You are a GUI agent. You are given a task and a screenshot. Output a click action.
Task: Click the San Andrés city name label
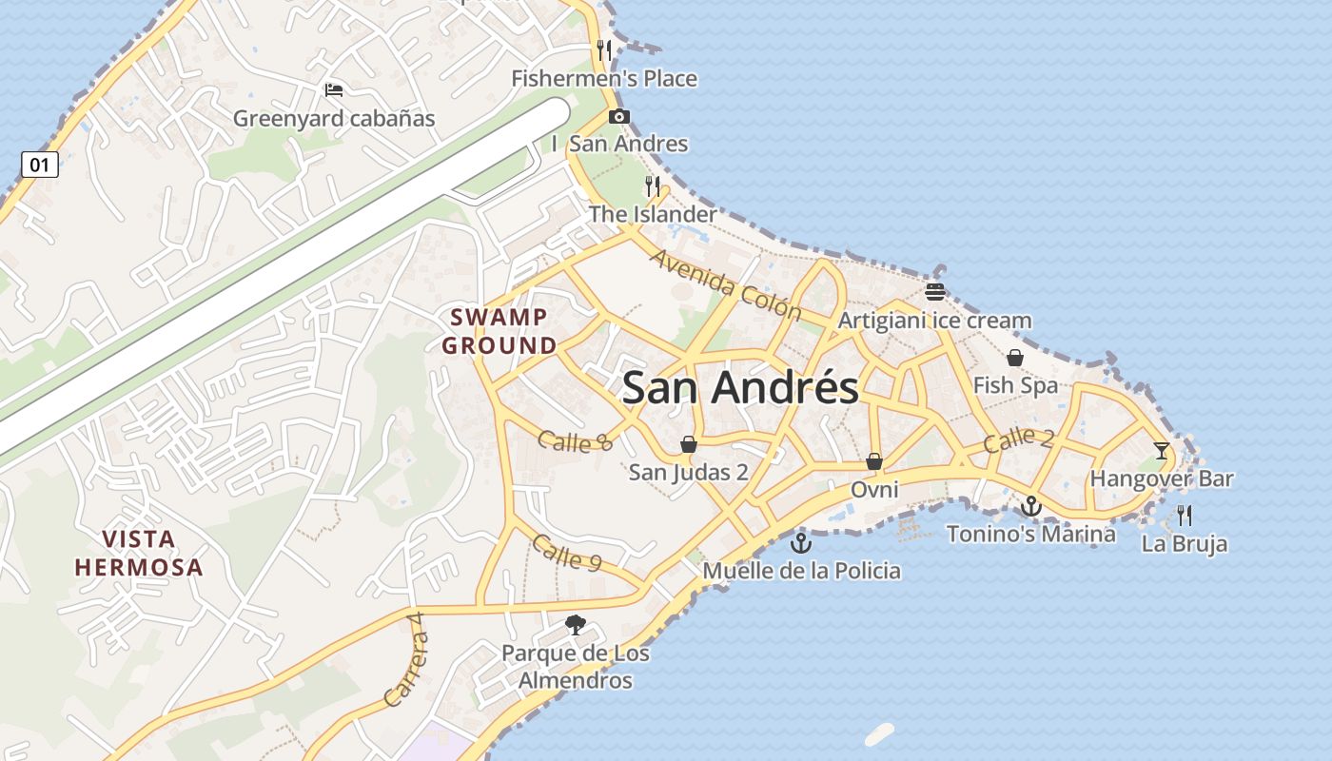tap(740, 388)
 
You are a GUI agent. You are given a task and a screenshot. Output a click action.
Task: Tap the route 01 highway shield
tap(39, 165)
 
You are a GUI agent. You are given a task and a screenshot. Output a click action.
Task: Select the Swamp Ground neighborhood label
tap(499, 331)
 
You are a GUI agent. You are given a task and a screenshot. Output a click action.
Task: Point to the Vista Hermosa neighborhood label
tap(139, 554)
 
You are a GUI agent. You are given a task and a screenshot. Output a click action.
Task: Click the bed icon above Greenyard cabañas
tap(334, 90)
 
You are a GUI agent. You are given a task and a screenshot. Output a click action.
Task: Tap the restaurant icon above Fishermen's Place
tap(604, 49)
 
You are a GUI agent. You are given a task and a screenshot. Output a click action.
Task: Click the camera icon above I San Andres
tap(619, 117)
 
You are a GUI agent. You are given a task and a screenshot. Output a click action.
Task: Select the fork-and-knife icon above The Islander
tap(653, 185)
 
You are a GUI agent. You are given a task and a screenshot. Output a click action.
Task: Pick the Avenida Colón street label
tap(726, 285)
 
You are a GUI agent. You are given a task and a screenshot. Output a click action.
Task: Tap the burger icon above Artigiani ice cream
tap(934, 292)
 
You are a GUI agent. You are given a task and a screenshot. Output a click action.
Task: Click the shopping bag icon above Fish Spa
tap(1015, 358)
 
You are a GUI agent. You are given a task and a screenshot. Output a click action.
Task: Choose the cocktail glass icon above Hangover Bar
tap(1161, 450)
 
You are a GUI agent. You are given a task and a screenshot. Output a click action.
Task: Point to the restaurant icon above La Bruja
tap(1185, 516)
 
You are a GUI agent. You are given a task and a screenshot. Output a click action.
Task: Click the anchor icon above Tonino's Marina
tap(1030, 506)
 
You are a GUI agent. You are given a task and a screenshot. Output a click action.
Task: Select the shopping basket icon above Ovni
tap(873, 461)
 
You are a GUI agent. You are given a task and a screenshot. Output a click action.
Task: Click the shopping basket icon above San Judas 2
tap(688, 444)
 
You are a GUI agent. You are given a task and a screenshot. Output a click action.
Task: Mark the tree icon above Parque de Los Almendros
tap(575, 625)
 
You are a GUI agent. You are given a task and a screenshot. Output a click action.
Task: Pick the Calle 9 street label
tap(566, 553)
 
